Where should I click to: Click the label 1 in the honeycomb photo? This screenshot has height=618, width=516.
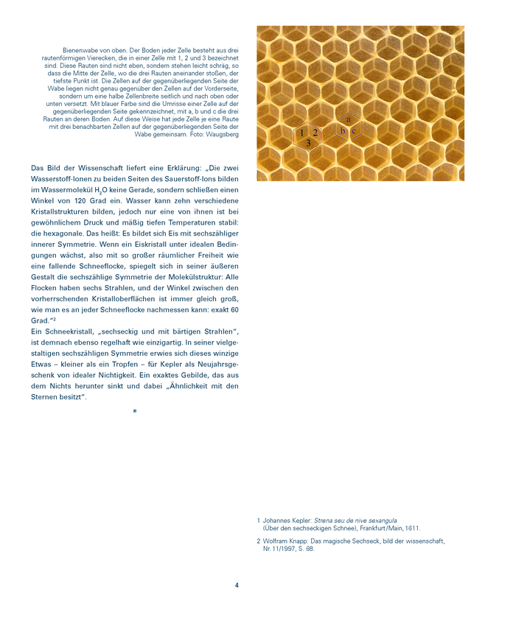coord(301,133)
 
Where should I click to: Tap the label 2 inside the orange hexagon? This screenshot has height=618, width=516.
coord(315,133)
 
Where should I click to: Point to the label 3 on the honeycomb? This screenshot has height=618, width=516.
coord(308,143)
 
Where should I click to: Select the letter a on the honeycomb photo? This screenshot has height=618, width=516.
coord(349,119)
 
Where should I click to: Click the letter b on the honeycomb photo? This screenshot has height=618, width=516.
coord(343,131)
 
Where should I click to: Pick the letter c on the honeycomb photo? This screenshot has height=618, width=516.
coord(354,131)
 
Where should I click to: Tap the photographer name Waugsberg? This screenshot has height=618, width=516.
coord(223,135)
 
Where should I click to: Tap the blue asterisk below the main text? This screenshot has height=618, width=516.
coord(134,411)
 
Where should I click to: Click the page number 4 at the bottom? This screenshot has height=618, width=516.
coord(237,586)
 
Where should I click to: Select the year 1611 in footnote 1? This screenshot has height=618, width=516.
coord(414,528)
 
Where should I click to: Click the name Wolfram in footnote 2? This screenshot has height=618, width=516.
coord(276,541)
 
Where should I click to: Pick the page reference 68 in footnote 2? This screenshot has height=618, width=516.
coord(310,549)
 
